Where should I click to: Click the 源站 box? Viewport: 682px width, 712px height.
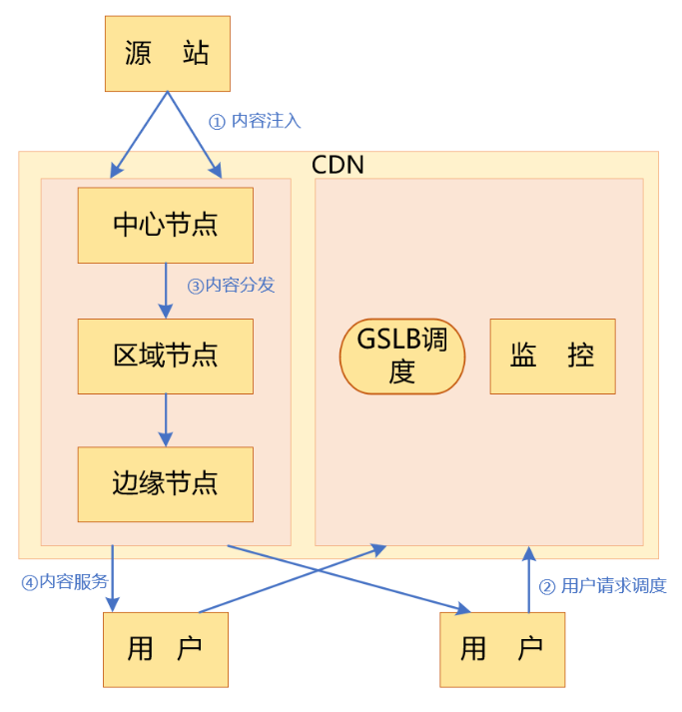167,54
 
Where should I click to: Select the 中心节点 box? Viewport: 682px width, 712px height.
166,225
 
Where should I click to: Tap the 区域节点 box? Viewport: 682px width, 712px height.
166,356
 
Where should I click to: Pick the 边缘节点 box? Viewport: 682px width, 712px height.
166,484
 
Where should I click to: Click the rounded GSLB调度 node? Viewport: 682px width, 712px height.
402,356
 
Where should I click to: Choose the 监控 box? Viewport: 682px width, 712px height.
552,356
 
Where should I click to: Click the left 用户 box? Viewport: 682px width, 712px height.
166,649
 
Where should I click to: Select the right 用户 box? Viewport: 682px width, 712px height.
502,649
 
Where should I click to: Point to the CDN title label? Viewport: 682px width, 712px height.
339,165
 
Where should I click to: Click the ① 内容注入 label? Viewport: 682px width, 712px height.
254,121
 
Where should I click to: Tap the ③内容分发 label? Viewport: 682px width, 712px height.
231,286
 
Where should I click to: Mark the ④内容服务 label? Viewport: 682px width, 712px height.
65,582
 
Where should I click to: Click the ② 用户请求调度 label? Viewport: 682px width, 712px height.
602,586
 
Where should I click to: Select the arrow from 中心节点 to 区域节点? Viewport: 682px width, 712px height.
166,290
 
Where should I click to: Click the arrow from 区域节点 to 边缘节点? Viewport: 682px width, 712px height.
166,419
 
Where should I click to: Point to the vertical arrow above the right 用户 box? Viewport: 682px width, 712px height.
529,579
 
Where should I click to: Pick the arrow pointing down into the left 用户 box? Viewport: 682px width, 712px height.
113,579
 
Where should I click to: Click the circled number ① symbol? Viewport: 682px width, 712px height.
217,122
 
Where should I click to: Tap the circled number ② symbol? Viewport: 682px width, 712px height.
547,587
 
